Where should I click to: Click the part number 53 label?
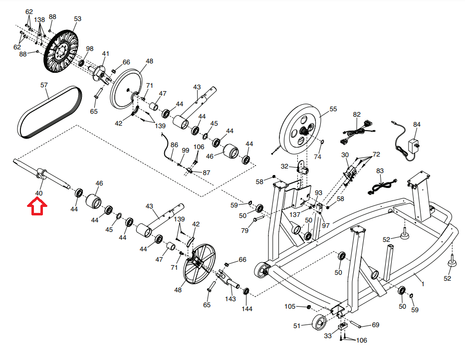tap(77, 19)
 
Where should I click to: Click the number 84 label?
tap(417, 124)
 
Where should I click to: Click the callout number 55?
tap(333, 109)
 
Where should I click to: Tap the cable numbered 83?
tap(381, 186)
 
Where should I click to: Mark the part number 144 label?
tap(247, 309)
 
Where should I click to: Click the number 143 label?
tap(230, 299)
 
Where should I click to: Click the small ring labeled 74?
tap(321, 144)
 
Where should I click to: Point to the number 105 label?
tap(290, 306)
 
